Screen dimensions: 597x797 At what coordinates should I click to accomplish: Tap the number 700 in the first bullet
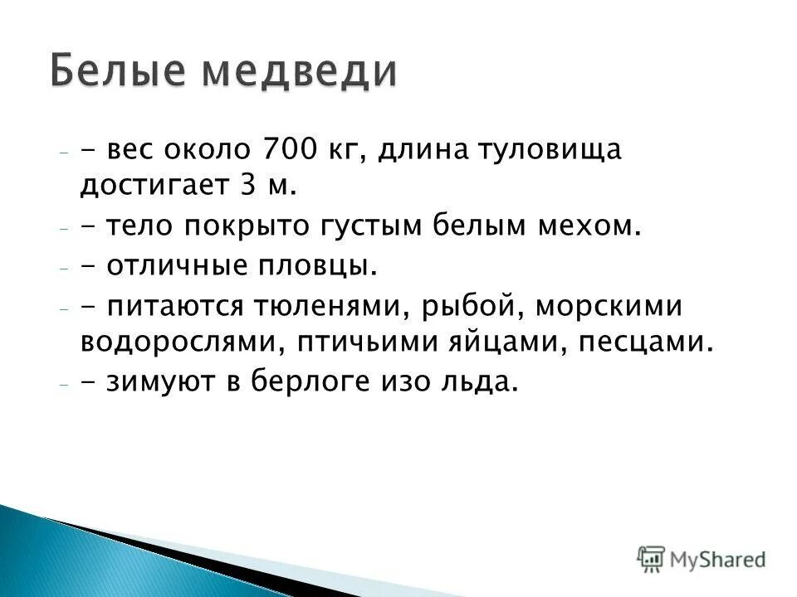click(287, 151)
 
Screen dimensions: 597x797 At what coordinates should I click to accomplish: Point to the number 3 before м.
click(247, 186)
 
